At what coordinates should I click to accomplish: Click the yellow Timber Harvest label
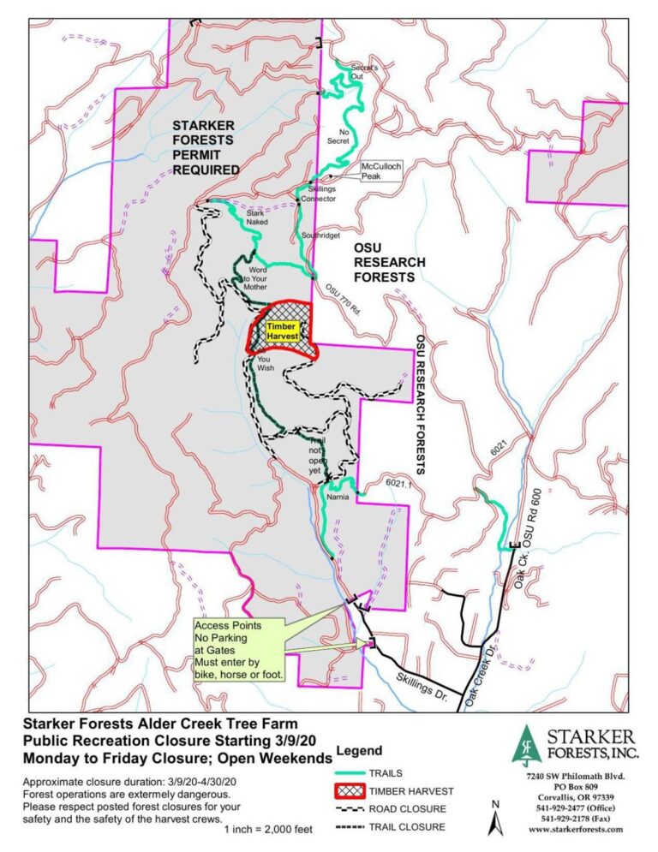pyautogui.click(x=282, y=332)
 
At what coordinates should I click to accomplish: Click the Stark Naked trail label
pyautogui.click(x=257, y=217)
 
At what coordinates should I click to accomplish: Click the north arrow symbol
pyautogui.click(x=494, y=820)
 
